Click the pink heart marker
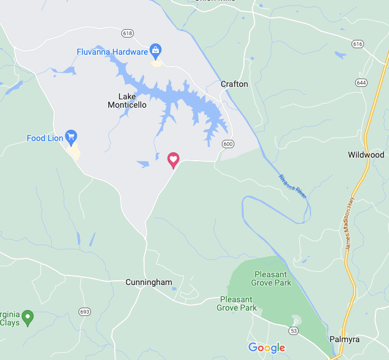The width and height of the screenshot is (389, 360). point(173,159)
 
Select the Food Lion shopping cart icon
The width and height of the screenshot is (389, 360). point(71,137)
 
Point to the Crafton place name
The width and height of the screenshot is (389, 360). point(234,84)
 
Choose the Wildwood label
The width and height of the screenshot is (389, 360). point(366,155)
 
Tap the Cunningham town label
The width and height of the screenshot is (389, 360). point(149,282)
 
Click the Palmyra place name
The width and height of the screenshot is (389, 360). point(345,339)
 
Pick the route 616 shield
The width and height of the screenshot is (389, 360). point(357,44)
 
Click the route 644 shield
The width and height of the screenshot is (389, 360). point(362,82)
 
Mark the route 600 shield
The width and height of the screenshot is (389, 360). point(228,144)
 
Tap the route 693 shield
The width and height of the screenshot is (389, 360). point(84,312)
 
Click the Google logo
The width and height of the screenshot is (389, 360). point(266,348)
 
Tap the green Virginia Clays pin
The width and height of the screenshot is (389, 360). point(28,316)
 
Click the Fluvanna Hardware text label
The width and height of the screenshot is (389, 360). point(112,52)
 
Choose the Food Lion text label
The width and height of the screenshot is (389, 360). point(45,139)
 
